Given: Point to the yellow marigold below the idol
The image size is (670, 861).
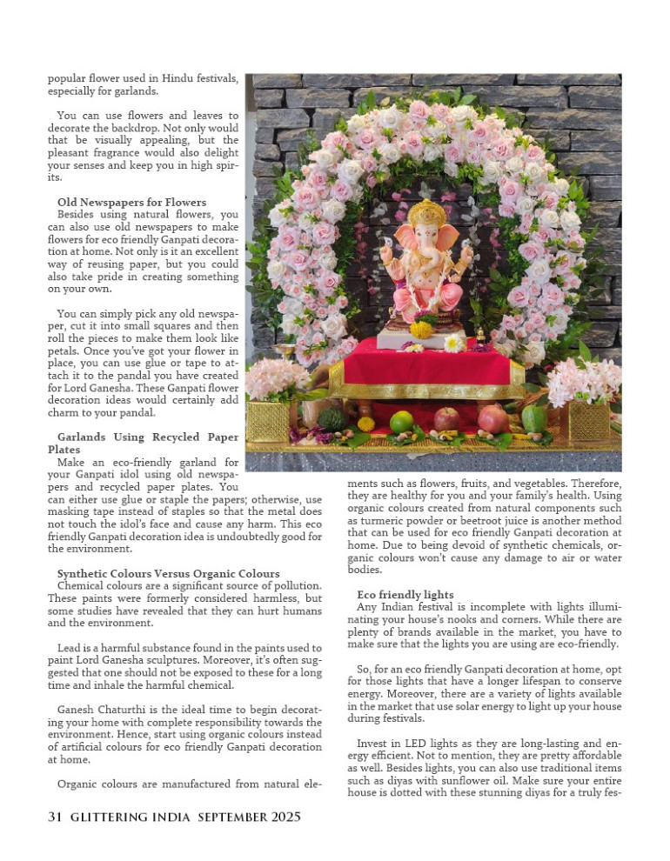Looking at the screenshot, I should [422, 330].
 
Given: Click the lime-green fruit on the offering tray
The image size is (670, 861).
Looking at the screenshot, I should [401, 423].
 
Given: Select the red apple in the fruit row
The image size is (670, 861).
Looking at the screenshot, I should [446, 420].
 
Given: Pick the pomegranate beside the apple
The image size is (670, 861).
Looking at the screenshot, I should [492, 418].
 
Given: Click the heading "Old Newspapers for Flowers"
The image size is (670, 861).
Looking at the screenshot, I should [131, 202].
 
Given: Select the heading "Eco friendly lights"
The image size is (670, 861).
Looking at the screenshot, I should [405, 594].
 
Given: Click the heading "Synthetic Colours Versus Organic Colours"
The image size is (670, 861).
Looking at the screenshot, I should [168, 573].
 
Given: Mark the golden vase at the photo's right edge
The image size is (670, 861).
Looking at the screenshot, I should [590, 420].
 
